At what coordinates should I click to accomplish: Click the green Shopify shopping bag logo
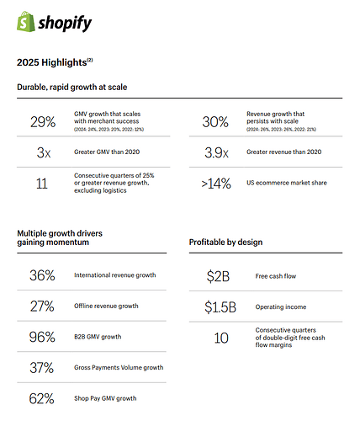coord(26,21)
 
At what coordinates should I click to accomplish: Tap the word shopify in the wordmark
coord(65,24)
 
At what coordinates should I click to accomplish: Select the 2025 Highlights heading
coord(55,62)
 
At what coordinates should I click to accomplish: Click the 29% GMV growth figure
coord(43,122)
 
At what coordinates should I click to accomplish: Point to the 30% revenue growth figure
coord(215,122)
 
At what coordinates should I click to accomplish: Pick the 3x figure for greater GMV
coord(44,152)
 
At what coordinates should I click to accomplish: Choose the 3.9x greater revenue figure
coord(216,152)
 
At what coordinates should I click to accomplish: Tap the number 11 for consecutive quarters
coord(42,184)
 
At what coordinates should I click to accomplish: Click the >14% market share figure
coord(216,184)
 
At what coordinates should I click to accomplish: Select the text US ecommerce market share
coord(287,183)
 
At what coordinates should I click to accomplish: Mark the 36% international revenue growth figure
coord(42,275)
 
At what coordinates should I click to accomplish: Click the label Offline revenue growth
coord(106,306)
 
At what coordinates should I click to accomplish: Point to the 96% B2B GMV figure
coord(42,337)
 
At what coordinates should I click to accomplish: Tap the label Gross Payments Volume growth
coord(119,367)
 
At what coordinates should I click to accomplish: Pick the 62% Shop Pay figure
coord(41,398)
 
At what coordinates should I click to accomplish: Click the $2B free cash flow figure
coord(218,276)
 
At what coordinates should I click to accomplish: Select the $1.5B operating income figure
coord(220,306)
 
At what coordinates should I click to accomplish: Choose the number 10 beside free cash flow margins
coord(221,338)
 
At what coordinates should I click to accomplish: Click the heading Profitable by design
coord(225,242)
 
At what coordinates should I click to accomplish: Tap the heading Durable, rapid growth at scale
coord(72,87)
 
